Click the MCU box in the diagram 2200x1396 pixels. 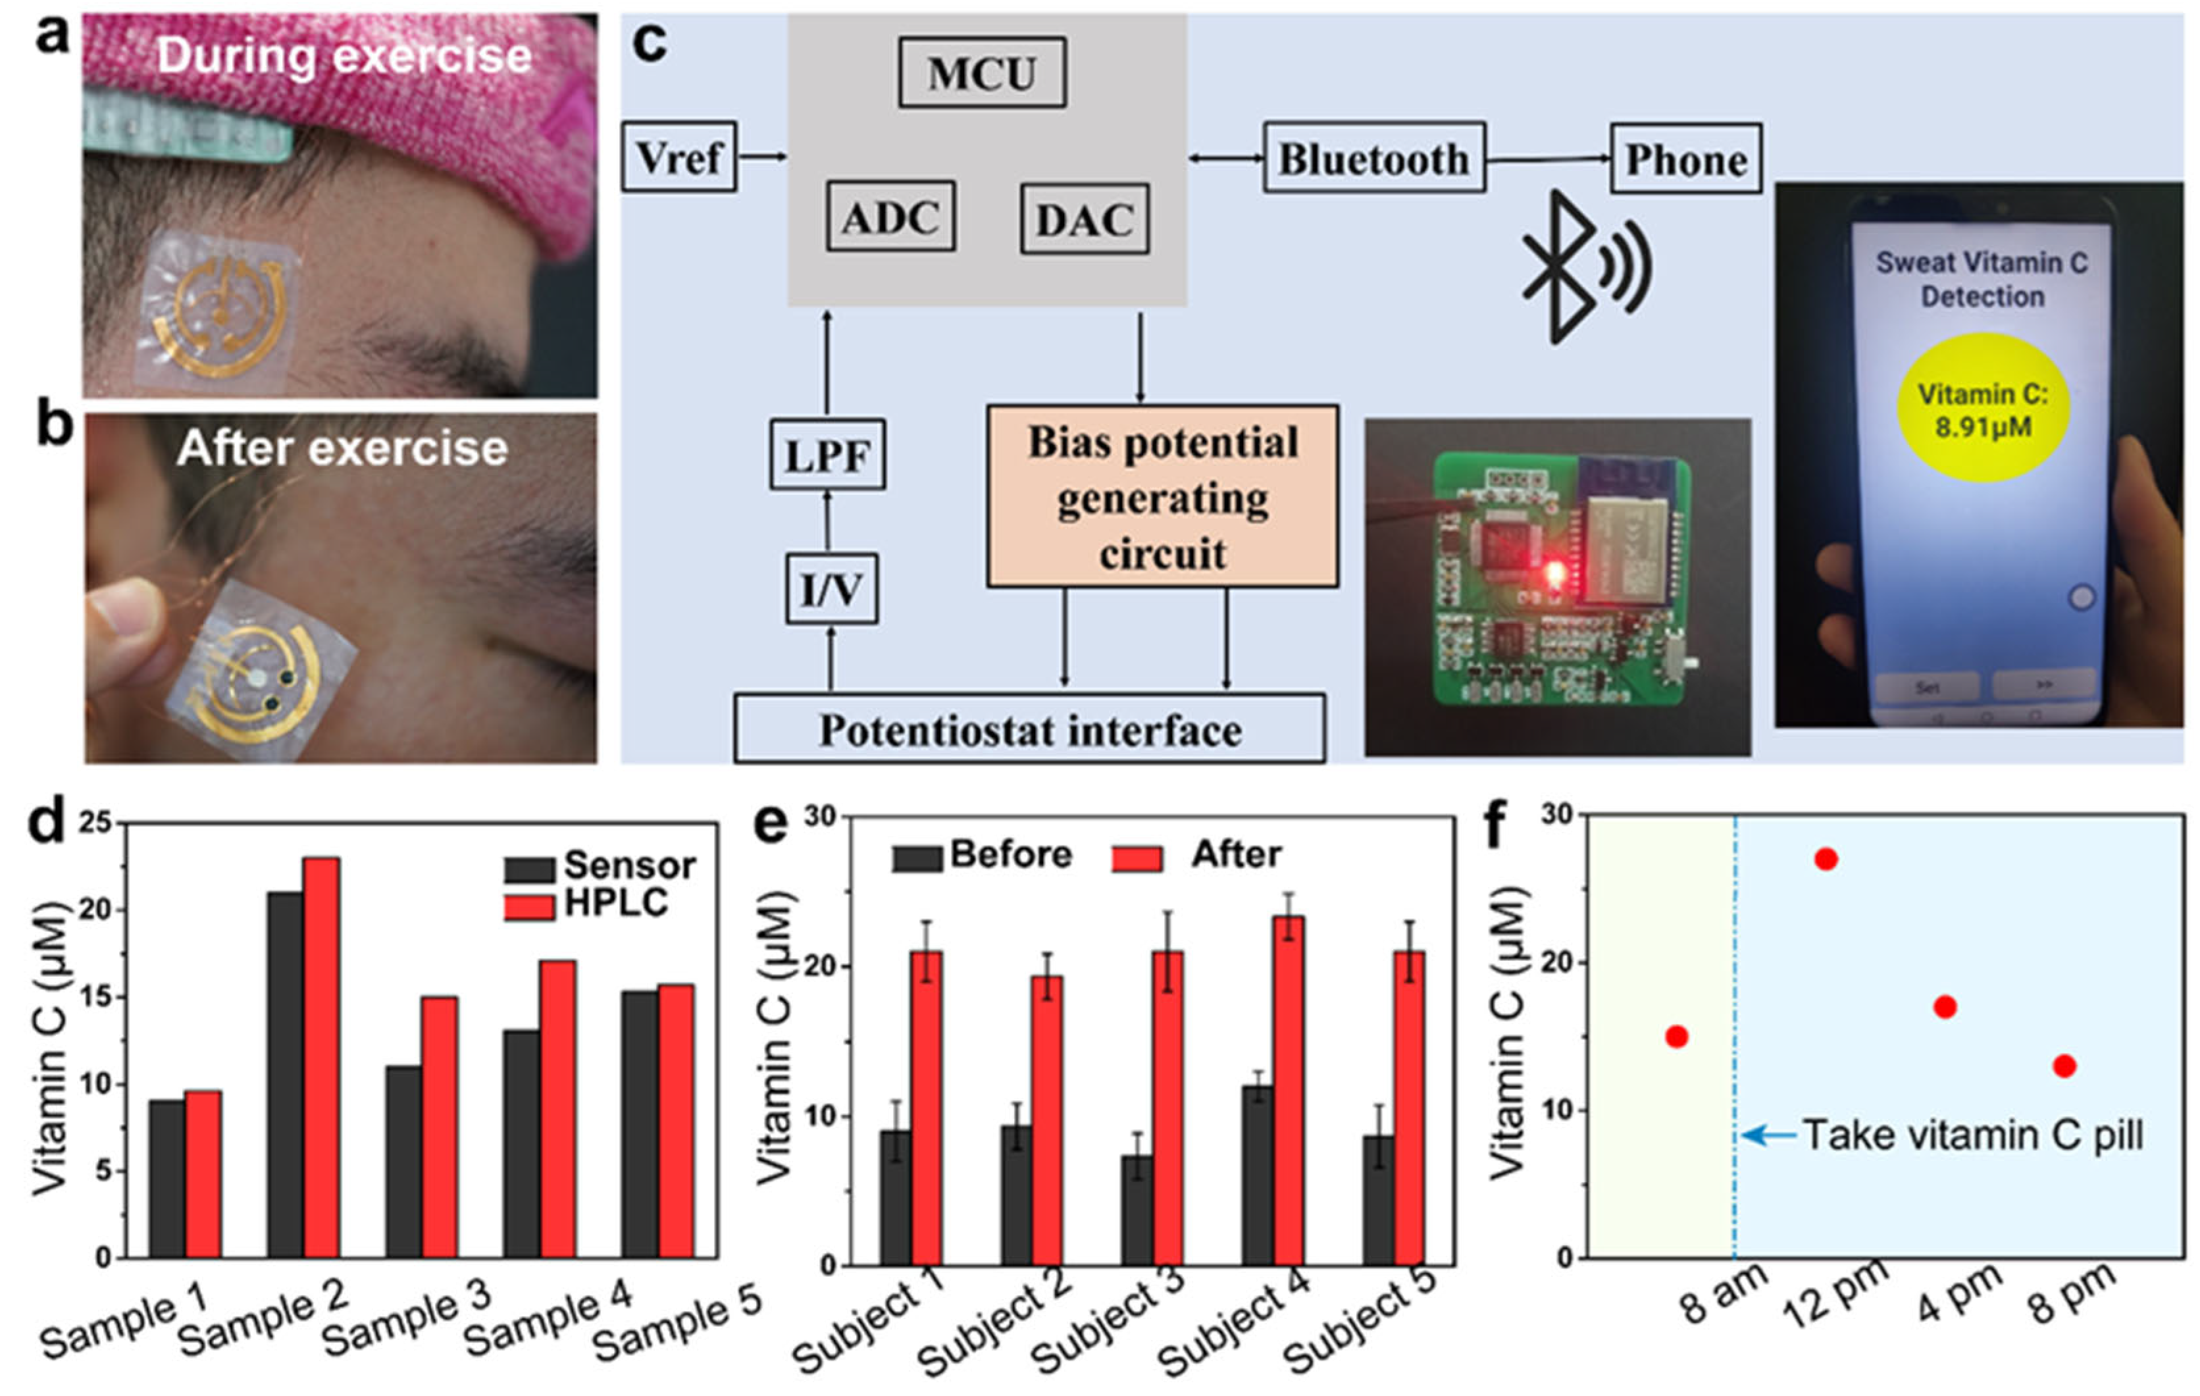tap(981, 73)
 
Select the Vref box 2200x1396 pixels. tap(678, 157)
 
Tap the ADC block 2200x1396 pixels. tap(891, 217)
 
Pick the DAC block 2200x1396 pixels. tap(1085, 219)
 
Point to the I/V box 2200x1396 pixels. tap(831, 589)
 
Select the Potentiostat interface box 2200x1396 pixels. tap(1030, 729)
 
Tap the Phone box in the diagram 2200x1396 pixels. tap(1685, 159)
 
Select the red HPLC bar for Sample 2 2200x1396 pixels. tap(322, 1057)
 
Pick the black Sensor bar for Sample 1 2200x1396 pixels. tap(167, 1179)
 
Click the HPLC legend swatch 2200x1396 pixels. tap(529, 907)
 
